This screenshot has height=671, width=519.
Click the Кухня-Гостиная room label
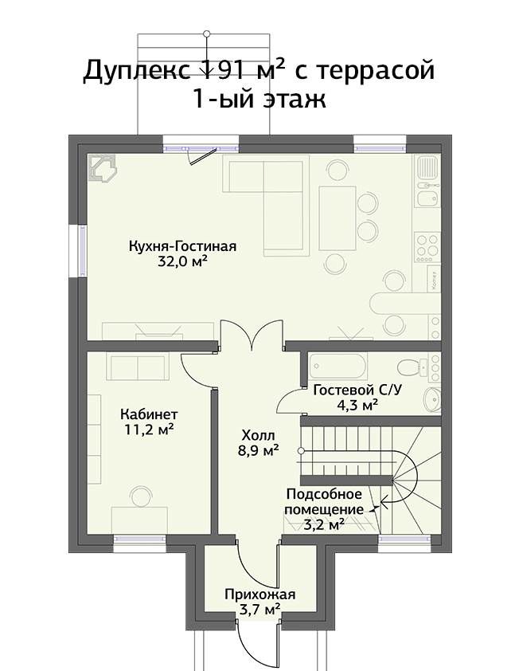(x=182, y=247)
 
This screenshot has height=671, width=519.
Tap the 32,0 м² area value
(x=182, y=261)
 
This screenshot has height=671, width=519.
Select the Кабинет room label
(x=149, y=414)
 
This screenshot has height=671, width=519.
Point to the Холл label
(x=259, y=436)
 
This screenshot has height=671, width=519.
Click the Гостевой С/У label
(x=357, y=390)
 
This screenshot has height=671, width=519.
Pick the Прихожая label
(x=260, y=594)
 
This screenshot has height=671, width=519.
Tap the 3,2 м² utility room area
(x=324, y=524)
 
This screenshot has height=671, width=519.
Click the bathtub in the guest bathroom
(x=338, y=367)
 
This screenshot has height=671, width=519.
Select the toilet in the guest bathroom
(x=412, y=367)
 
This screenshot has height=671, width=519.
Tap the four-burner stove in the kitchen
(x=427, y=247)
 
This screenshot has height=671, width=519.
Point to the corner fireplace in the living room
(x=102, y=170)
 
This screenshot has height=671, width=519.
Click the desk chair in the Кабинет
(x=142, y=496)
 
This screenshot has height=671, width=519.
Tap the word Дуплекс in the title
(x=137, y=71)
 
